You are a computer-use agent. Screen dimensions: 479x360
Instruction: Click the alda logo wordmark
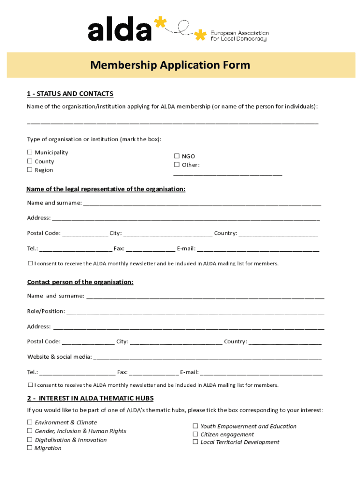120,31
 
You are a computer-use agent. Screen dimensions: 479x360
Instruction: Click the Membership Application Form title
170,65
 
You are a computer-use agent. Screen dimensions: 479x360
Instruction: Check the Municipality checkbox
29,152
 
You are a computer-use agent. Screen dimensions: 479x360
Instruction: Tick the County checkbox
29,161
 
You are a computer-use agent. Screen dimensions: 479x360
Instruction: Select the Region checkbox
29,170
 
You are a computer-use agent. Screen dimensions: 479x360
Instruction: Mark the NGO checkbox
177,156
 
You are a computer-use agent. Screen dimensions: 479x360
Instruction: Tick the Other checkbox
177,165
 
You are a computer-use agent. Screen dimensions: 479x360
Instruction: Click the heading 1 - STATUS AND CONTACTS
70,94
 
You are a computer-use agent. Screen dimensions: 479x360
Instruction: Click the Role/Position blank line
195,312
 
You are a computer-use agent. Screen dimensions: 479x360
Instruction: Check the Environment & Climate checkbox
29,422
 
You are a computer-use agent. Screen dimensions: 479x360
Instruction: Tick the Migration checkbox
29,448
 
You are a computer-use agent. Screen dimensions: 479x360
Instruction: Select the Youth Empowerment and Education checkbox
195,426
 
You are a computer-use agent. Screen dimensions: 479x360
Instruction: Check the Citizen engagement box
195,434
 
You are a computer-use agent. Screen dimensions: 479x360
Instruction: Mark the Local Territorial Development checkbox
195,442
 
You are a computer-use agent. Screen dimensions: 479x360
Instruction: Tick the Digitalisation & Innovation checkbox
29,440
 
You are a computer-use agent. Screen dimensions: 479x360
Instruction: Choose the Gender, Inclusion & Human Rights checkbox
29,431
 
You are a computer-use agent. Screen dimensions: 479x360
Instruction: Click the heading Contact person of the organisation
80,282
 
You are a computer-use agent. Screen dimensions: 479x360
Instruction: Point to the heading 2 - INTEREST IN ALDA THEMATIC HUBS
90,399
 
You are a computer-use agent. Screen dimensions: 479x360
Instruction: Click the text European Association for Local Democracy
239,36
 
